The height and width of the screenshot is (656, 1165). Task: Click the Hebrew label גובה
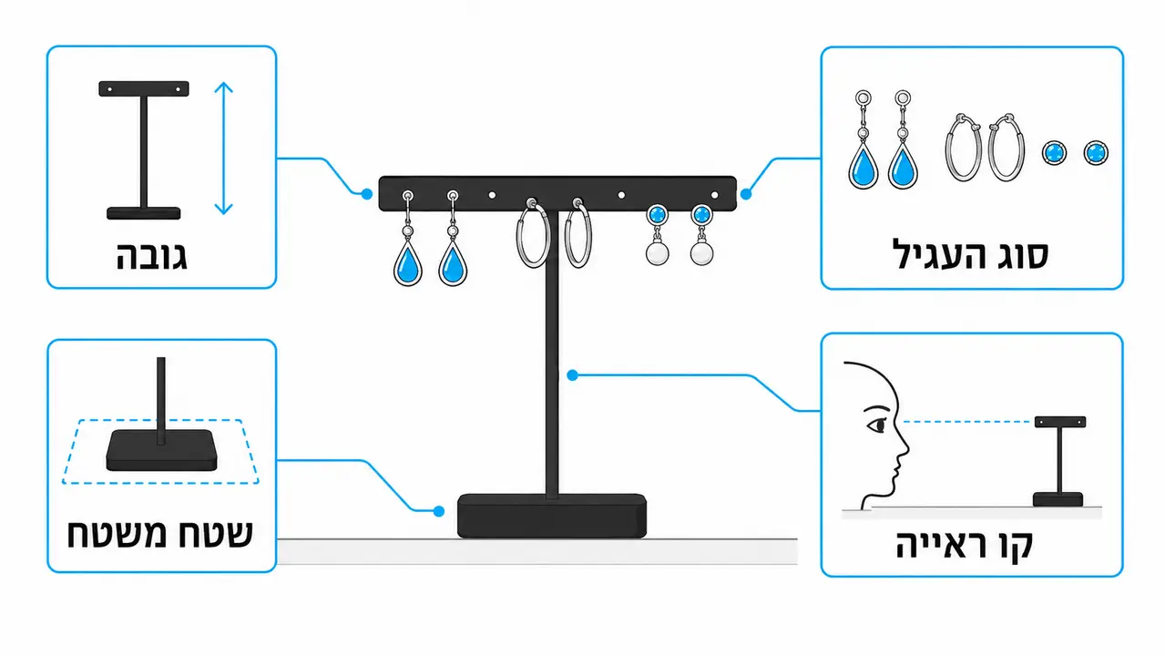151,256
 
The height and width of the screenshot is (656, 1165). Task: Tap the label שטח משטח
160,534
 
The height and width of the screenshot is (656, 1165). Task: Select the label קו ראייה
965,545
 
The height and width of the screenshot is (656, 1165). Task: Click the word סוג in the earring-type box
1021,255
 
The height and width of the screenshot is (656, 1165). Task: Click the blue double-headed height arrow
224,149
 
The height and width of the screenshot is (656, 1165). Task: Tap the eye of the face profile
877,425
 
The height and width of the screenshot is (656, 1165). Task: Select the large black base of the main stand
552,516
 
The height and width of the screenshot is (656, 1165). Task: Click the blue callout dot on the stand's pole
573,375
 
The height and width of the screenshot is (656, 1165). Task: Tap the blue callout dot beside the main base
439,511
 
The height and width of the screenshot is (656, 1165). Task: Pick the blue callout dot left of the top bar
367,194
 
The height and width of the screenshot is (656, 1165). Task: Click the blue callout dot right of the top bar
746,194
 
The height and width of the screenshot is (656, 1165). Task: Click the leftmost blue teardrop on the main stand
408,264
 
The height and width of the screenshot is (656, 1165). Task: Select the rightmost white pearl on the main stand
701,253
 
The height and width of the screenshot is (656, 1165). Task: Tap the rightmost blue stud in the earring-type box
1096,153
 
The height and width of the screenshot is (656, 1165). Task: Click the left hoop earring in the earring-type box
964,149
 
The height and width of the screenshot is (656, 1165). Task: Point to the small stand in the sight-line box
1059,461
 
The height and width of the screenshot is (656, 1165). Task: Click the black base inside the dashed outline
161,449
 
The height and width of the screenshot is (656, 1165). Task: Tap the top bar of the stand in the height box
144,88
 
